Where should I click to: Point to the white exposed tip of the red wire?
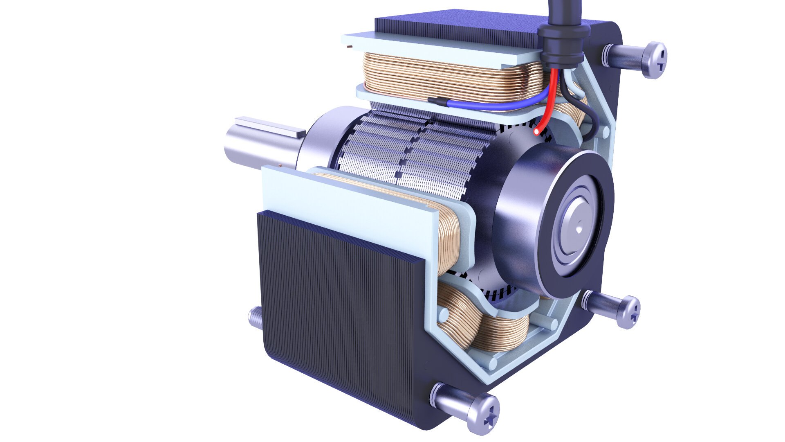pyautogui.click(x=536, y=132)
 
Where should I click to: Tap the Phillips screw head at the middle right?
pyautogui.click(x=630, y=312)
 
